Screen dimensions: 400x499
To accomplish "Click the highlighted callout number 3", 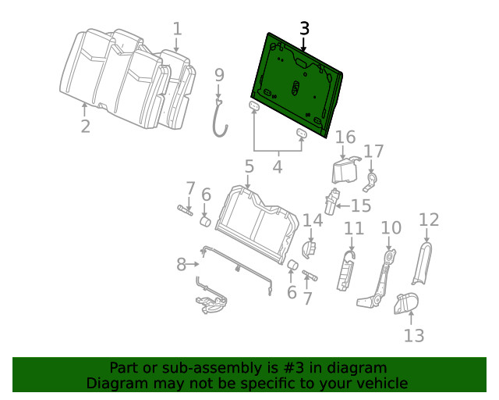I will click(304, 29).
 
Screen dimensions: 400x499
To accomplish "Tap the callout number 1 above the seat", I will click(177, 30).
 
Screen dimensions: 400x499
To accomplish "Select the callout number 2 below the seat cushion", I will click(85, 126).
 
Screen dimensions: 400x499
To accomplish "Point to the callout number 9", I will click(219, 75).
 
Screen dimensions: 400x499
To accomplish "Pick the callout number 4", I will click(277, 166).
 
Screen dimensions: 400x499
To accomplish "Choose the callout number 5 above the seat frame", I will click(249, 166).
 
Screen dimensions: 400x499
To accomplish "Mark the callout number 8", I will click(182, 265).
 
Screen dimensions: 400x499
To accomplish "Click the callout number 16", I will click(345, 138).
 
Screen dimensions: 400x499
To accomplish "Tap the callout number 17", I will click(374, 151).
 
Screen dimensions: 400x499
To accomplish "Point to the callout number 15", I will click(361, 205).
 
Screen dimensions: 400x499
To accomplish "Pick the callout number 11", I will click(354, 228).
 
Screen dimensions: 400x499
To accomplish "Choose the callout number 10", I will click(391, 228).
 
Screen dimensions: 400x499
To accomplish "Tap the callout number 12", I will click(429, 220).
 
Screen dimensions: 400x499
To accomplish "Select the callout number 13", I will click(414, 335).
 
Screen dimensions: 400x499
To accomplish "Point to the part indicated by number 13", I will click(407, 303).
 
